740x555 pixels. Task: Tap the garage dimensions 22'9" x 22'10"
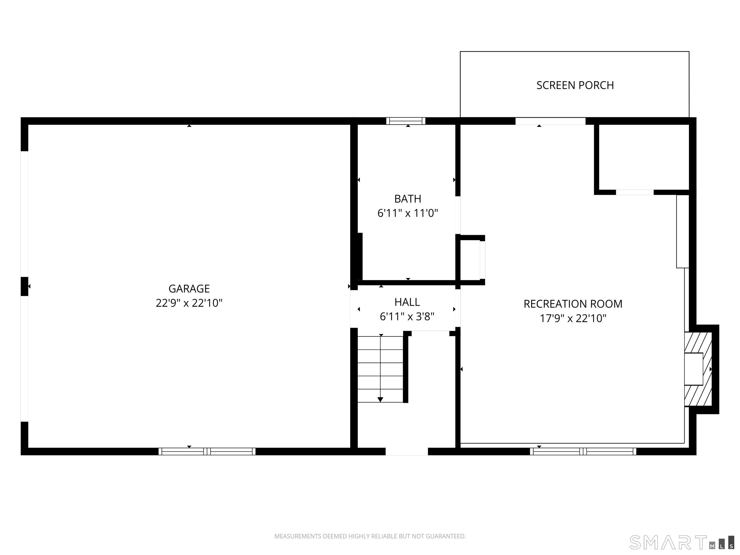(x=189, y=303)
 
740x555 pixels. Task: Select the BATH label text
(x=408, y=199)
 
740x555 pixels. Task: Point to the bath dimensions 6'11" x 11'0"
(x=408, y=213)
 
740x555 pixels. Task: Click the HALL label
(x=407, y=302)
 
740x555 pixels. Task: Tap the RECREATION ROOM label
(x=573, y=304)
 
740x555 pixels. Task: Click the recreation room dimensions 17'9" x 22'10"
(x=573, y=318)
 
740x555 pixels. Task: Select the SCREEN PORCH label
(x=575, y=85)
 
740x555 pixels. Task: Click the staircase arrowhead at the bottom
(x=380, y=399)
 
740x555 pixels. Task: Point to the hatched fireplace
(x=698, y=369)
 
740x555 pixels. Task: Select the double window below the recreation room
(x=583, y=451)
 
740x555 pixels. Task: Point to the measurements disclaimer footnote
(x=370, y=536)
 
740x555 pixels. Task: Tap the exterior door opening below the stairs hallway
(x=407, y=451)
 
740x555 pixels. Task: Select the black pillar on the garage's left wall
(x=24, y=286)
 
